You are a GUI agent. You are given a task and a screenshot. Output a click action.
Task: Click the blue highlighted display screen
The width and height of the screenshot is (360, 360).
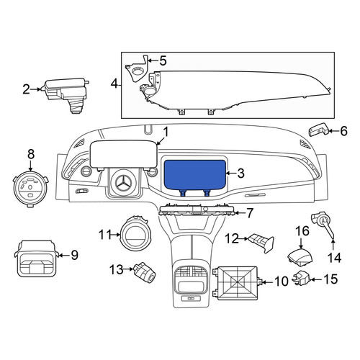tap(195, 174)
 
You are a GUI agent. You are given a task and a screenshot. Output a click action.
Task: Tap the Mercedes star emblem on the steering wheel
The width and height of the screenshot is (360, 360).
tap(124, 184)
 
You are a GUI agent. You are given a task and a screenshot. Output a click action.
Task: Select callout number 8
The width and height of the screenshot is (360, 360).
tap(31, 154)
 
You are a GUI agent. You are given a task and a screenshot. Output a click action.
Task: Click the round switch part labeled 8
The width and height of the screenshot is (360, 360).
tap(30, 189)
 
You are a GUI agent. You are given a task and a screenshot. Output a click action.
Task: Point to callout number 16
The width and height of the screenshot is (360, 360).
tap(302, 231)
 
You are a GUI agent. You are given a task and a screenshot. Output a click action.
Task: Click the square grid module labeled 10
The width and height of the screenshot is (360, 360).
tap(236, 283)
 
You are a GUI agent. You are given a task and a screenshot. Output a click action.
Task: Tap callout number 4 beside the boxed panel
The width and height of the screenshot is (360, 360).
tap(114, 84)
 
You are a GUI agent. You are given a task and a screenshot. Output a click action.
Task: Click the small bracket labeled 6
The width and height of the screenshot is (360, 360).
tap(318, 131)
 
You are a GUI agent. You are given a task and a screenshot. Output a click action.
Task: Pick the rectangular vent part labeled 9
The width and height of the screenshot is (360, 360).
tap(37, 257)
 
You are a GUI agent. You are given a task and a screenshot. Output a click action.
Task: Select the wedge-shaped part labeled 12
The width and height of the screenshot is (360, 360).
tap(261, 242)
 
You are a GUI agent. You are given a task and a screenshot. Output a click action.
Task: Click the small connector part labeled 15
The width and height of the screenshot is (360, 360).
tap(302, 278)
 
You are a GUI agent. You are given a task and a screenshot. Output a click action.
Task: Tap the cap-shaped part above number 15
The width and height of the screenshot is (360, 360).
tap(300, 257)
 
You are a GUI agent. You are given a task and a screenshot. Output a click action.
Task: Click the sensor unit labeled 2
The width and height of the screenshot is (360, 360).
tap(65, 94)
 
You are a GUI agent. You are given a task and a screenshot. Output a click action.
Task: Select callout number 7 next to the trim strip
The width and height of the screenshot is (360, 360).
tap(250, 213)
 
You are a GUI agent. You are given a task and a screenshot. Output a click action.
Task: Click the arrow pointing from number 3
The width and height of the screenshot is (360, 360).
tap(230, 173)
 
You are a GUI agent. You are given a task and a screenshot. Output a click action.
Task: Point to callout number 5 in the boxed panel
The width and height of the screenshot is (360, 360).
tap(163, 60)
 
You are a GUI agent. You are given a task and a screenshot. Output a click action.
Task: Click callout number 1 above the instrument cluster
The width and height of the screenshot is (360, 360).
tap(166, 132)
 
